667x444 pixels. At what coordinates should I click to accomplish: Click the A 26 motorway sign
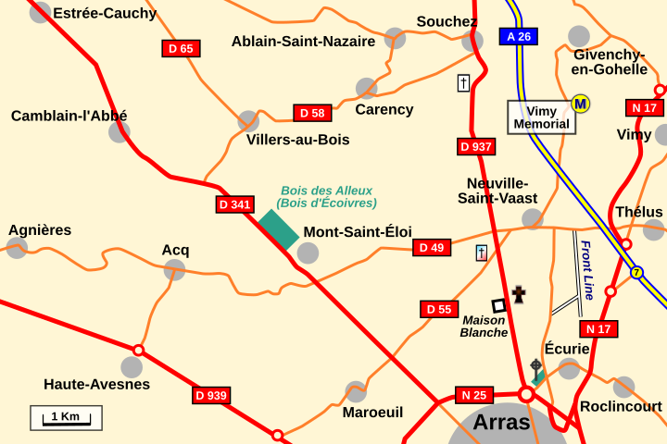(x=519, y=37)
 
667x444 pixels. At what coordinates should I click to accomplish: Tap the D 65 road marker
(x=181, y=48)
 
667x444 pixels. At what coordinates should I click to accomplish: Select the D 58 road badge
(x=312, y=113)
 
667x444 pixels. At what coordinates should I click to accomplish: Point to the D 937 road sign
(x=476, y=146)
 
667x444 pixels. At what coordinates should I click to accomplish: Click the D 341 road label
(x=235, y=203)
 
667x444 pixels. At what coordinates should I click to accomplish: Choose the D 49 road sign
(x=432, y=247)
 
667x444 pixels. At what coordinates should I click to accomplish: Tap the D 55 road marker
(x=439, y=309)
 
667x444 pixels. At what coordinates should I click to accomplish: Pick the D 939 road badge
(x=211, y=395)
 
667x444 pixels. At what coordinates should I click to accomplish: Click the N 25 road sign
(x=474, y=395)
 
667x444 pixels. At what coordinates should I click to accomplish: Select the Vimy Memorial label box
(x=541, y=117)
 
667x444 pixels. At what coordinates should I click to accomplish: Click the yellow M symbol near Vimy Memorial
(x=581, y=104)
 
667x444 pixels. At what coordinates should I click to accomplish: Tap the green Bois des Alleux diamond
(x=278, y=229)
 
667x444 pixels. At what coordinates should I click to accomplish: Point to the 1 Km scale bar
(x=66, y=418)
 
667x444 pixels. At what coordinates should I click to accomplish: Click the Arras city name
(x=501, y=423)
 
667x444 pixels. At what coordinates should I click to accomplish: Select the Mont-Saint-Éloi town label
(x=358, y=232)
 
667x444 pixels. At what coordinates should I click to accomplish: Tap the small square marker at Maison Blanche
(x=498, y=305)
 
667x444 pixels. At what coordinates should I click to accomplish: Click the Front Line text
(x=586, y=270)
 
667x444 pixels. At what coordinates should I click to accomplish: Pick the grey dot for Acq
(x=174, y=269)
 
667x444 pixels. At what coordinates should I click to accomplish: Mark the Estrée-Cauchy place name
(x=105, y=13)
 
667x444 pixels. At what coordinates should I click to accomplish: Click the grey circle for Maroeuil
(x=356, y=391)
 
